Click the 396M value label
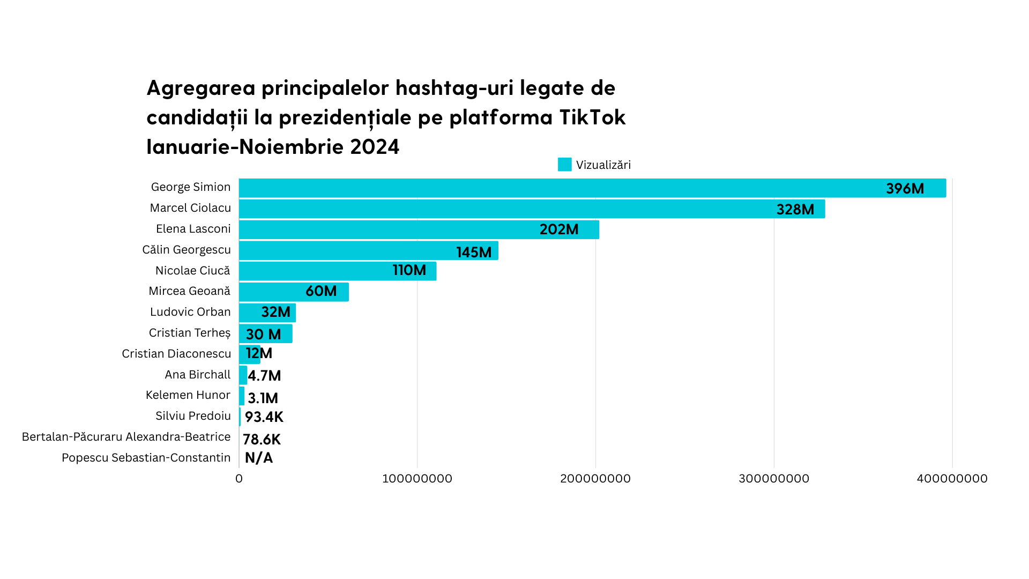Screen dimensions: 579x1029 tap(905, 189)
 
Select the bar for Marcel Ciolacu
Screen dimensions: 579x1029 tap(531, 209)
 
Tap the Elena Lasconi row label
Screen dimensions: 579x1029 tap(193, 229)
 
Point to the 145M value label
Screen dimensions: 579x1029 tap(474, 252)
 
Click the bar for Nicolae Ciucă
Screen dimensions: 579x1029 tap(338, 271)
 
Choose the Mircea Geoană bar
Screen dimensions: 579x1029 tap(294, 292)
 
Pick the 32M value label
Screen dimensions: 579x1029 tap(275, 312)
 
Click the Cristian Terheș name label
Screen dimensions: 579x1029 tap(189, 333)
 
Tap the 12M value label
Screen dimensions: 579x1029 tap(259, 353)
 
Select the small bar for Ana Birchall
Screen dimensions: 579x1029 tap(243, 375)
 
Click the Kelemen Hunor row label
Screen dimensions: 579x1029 tap(188, 395)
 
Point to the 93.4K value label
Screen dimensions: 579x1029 tap(264, 417)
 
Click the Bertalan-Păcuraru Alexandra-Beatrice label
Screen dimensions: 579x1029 tap(126, 437)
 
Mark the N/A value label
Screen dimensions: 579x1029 tap(259, 458)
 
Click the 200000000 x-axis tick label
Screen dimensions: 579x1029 tap(595, 479)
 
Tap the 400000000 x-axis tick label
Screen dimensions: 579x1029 tap(952, 479)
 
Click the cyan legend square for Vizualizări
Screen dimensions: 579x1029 tap(564, 165)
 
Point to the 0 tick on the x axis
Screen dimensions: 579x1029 tap(239, 479)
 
